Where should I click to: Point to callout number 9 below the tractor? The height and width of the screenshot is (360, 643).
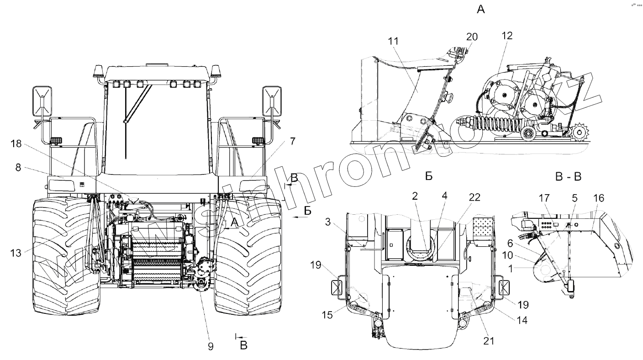coord(211,346)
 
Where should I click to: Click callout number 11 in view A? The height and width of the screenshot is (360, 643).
coord(394,41)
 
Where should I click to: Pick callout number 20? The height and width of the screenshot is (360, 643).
coord(472,37)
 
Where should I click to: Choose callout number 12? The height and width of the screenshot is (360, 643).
coord(507,36)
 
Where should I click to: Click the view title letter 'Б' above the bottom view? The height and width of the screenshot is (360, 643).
coord(428,176)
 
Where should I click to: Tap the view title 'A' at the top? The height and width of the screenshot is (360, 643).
coord(480,9)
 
